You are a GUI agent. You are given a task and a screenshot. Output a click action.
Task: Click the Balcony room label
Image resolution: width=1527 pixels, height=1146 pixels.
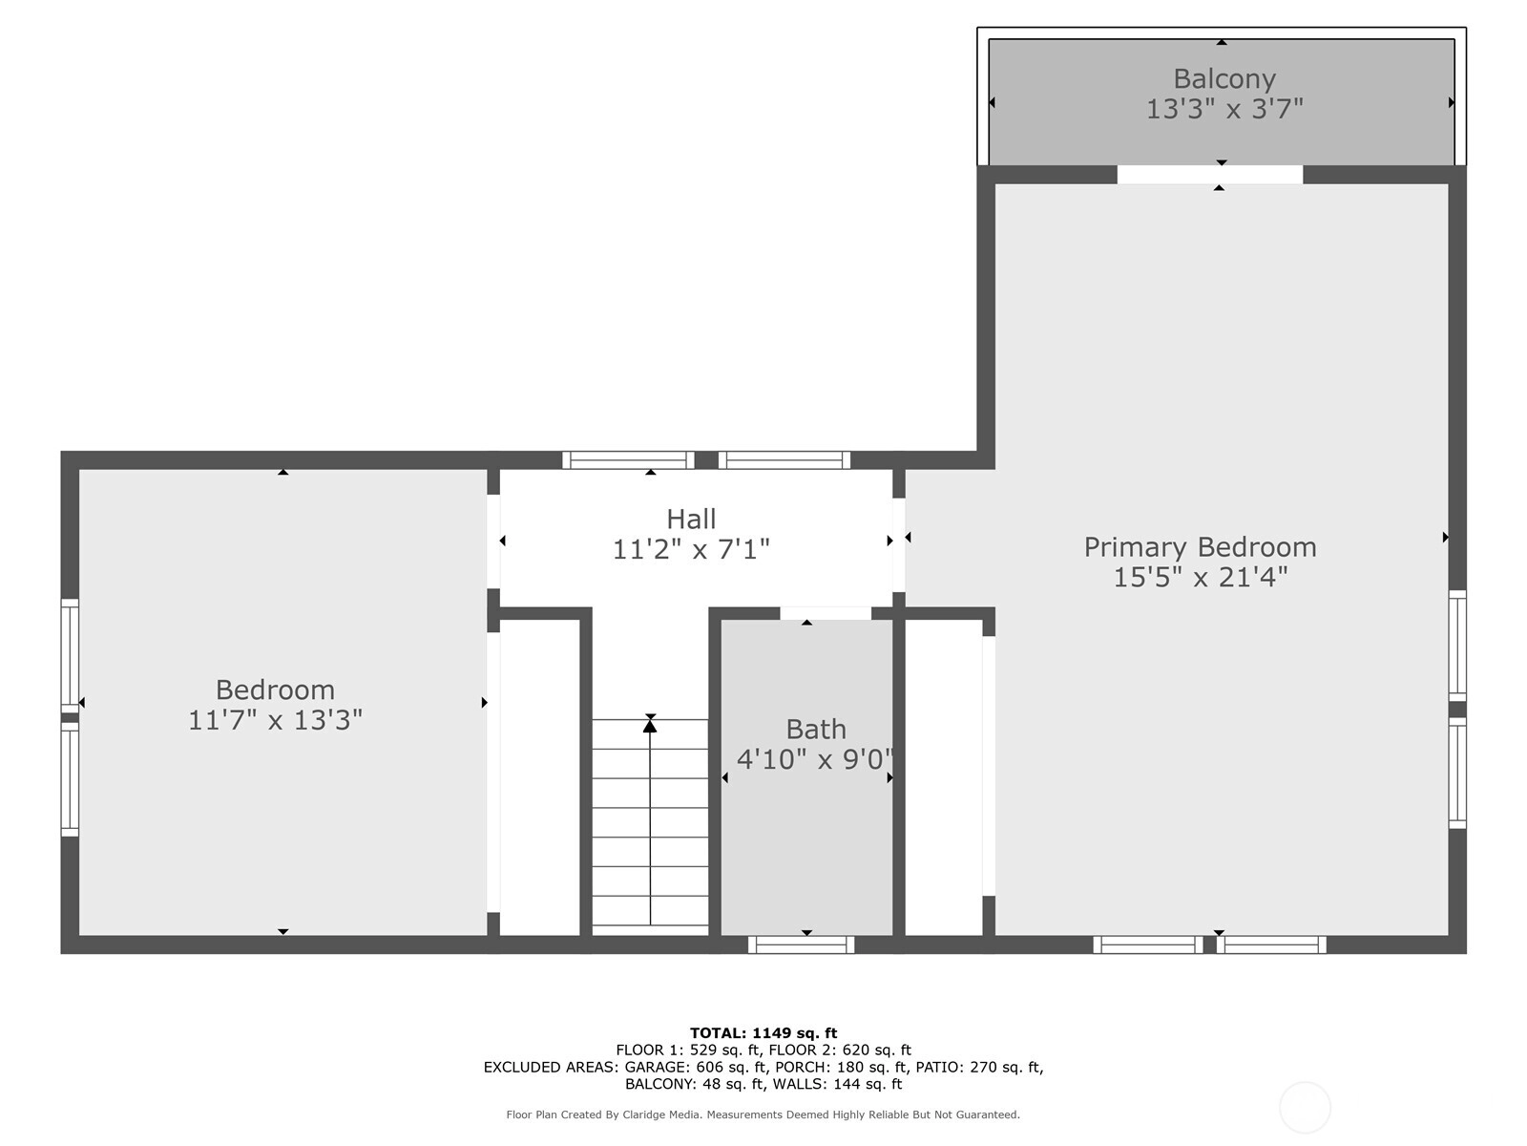coord(1224,79)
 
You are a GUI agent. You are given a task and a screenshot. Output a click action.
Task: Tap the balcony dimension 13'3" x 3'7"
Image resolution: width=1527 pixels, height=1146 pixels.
coord(1224,109)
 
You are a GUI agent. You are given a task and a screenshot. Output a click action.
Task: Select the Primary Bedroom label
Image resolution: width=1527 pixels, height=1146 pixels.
coord(1200,547)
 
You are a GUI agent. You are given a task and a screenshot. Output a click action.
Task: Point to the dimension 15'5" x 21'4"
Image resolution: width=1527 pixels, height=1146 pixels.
coord(1200,578)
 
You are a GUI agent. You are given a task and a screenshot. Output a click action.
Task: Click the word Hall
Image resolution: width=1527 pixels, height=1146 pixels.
coord(691,520)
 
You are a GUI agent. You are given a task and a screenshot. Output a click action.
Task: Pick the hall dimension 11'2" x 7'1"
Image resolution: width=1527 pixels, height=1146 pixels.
coord(691,550)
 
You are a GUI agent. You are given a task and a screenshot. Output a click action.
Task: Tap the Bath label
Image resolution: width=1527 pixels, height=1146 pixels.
coord(816,730)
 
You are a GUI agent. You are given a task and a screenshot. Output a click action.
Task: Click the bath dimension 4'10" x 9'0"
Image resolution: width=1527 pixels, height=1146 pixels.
coord(815,759)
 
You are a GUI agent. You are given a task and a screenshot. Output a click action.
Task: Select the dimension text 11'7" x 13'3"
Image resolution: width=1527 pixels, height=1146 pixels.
coord(276,720)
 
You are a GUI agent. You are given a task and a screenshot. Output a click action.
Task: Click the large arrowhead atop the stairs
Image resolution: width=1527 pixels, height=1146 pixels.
coord(650,726)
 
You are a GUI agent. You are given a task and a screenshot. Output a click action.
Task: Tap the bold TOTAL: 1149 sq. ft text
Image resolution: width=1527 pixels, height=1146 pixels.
coord(763,1033)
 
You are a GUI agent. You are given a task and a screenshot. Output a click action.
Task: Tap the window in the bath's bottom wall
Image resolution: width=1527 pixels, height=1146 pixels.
coord(801,944)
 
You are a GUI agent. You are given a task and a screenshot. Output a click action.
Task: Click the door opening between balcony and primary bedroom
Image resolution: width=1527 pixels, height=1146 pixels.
coord(1210,175)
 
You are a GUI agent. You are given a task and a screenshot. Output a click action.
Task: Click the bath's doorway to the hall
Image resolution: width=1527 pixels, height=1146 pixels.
coord(826,613)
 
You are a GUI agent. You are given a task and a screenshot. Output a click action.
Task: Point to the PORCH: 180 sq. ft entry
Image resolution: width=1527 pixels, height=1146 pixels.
coord(841,1068)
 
